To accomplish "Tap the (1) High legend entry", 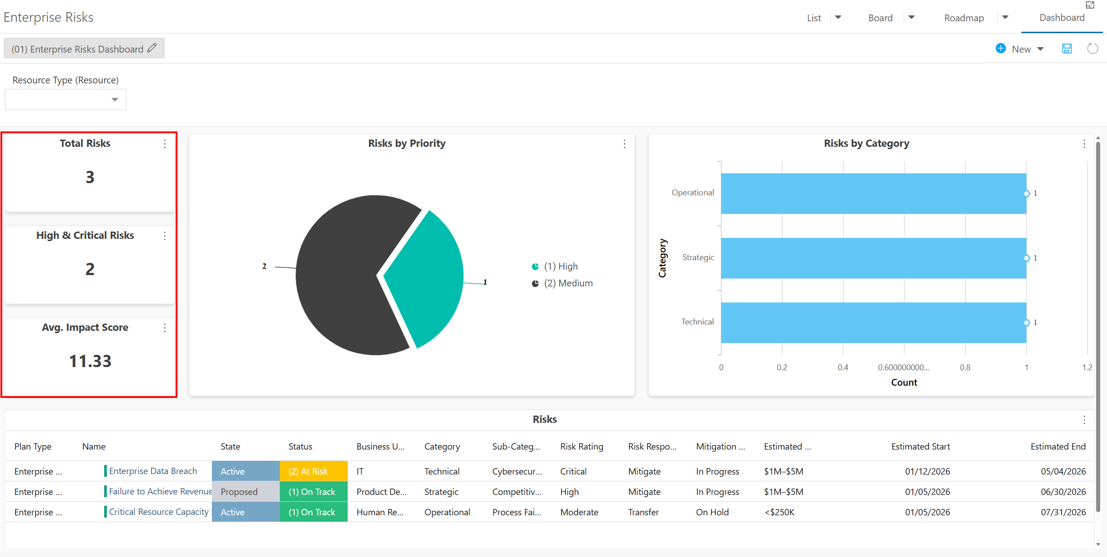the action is [x=555, y=266].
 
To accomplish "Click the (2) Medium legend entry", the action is [x=562, y=283].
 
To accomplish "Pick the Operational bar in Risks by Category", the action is [x=873, y=194].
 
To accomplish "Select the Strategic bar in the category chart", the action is [x=873, y=258].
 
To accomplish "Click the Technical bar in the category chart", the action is [x=873, y=323].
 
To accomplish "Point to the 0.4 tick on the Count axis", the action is [x=843, y=368].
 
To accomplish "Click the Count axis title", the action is [x=904, y=383].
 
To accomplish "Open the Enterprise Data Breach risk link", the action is [x=153, y=471].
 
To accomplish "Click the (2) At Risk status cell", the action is [x=314, y=471].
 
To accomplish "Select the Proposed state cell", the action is [x=246, y=491].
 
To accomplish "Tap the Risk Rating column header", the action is [x=582, y=446].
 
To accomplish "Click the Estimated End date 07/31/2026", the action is [x=1063, y=512].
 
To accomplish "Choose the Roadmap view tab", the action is [x=964, y=18].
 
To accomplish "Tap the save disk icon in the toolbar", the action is [x=1067, y=48].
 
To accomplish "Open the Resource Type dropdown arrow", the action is [x=115, y=100].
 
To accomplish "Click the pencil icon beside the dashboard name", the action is [x=152, y=48].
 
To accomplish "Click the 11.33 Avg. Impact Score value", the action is [x=90, y=361].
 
